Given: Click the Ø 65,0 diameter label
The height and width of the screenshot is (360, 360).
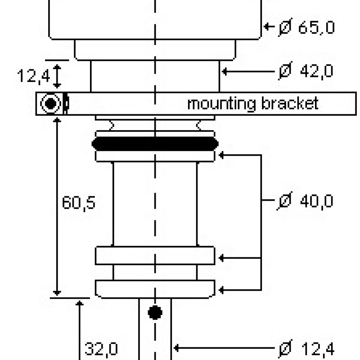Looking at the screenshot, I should (306, 28).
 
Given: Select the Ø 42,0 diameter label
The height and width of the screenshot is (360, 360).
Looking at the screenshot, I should (306, 71).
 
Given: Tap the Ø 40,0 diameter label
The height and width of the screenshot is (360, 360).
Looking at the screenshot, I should (306, 201).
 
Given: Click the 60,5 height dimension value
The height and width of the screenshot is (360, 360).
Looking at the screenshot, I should (78, 203).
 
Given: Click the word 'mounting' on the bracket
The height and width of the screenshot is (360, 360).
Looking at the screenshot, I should (221, 103).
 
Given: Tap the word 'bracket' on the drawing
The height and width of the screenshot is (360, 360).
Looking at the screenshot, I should (290, 103).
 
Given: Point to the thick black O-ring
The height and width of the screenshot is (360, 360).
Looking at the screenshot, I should (155, 144).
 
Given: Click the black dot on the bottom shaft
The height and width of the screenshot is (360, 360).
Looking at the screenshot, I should (155, 311).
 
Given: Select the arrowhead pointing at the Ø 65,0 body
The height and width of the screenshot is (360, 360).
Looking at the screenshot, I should (267, 27).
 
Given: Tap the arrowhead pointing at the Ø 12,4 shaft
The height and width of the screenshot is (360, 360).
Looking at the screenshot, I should (177, 347).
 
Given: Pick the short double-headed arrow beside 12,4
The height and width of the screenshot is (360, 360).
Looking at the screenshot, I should (57, 76).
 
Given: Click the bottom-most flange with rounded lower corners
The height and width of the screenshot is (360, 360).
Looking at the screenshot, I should (155, 288).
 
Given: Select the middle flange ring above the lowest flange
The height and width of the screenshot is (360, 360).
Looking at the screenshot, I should (155, 256).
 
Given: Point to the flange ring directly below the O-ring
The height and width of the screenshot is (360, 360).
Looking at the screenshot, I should (155, 156).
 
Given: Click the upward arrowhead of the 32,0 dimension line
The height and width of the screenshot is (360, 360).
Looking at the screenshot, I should (80, 304).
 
